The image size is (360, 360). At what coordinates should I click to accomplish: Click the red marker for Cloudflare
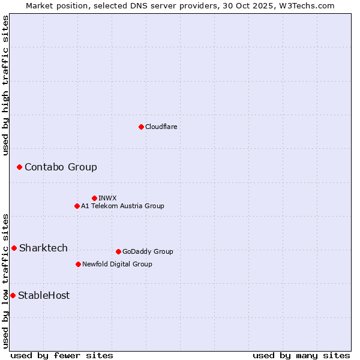(141, 127)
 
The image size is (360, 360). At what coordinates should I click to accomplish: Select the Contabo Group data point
(19, 167)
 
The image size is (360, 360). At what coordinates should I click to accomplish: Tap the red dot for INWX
(94, 198)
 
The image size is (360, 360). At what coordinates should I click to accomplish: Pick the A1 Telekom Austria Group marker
(77, 206)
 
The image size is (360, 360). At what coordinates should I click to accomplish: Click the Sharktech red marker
(14, 248)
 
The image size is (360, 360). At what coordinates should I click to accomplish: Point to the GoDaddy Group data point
(118, 251)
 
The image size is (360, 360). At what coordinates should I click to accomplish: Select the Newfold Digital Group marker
(78, 264)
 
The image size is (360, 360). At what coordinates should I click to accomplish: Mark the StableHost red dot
(13, 295)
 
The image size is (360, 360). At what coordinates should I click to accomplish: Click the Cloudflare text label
(161, 127)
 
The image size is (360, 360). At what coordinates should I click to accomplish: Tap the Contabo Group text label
(61, 167)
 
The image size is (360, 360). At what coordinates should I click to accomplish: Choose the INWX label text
(107, 198)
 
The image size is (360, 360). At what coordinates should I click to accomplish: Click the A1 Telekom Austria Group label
(122, 206)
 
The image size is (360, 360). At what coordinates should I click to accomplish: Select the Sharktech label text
(43, 248)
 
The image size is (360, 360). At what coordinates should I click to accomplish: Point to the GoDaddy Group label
(148, 251)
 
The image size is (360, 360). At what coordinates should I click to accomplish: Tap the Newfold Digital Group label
(117, 264)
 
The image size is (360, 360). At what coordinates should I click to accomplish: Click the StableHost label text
(44, 295)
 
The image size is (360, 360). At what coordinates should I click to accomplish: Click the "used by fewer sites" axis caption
(61, 355)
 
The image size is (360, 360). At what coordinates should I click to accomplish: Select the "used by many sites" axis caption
(301, 355)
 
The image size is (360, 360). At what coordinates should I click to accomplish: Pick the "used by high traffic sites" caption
(5, 85)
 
